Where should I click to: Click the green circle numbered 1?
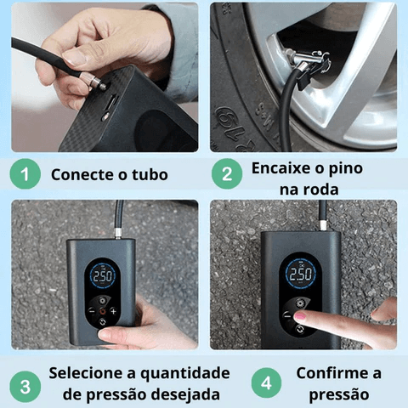[25, 174]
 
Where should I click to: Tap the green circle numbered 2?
[227, 173]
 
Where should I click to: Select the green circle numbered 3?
[25, 387]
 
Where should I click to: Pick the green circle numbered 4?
[266, 383]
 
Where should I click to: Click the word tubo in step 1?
[150, 174]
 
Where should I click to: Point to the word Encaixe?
[281, 168]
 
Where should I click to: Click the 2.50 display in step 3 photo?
[103, 276]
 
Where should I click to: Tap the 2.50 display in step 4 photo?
[300, 274]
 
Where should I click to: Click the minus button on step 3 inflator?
[92, 311]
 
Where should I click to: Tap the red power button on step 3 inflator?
[103, 312]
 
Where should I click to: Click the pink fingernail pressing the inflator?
[300, 316]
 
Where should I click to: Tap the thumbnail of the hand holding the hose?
[74, 57]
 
